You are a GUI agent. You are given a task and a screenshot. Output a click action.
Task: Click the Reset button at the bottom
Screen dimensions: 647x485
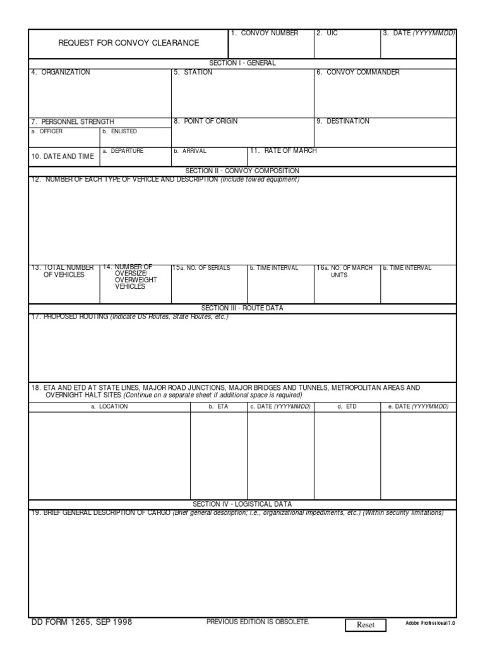366,625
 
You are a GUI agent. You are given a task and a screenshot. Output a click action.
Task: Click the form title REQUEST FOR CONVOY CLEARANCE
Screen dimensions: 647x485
128,43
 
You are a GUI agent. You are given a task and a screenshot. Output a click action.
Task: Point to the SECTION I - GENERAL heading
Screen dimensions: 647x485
242,63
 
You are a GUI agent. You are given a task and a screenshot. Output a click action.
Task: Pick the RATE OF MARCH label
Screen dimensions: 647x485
285,151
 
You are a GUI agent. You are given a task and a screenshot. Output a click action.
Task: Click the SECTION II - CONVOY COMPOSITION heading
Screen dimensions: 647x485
242,171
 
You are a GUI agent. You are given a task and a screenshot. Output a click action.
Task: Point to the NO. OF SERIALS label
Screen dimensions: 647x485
203,268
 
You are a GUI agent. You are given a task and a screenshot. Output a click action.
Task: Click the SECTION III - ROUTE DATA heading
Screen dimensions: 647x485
242,308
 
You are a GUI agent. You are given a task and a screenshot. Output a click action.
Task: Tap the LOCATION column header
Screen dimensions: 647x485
110,407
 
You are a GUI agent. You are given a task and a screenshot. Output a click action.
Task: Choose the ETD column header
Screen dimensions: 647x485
347,407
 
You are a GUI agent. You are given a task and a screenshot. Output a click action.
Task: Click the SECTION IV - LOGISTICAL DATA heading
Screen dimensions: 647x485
242,504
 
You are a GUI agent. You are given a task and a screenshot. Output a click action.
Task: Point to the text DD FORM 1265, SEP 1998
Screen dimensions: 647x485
81,622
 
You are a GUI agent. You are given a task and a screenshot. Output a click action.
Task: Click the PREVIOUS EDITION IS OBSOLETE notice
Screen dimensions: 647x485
258,622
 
